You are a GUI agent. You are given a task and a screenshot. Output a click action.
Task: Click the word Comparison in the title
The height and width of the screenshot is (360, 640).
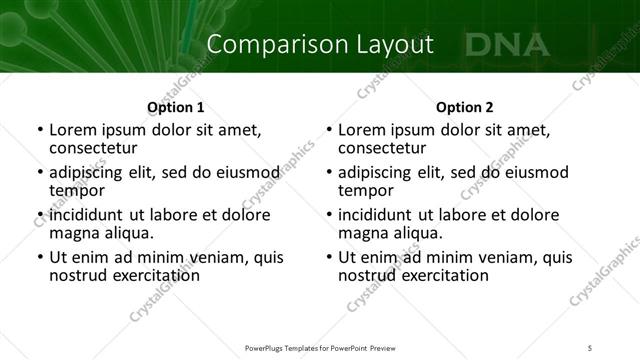[x=266, y=44]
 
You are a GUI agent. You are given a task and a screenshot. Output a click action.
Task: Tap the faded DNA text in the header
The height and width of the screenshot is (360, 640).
[x=507, y=44]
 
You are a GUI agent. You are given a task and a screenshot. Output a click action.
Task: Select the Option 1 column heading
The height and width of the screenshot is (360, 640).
[x=175, y=107]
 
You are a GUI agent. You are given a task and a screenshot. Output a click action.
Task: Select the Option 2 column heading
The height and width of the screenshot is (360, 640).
[x=465, y=107]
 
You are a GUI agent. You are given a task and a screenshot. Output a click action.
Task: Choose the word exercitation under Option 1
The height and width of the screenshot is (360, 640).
[x=145, y=275]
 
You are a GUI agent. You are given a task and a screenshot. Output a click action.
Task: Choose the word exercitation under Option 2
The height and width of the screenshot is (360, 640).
[x=434, y=275]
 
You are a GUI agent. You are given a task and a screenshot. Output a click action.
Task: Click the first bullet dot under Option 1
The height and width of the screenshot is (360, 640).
[x=39, y=130]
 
